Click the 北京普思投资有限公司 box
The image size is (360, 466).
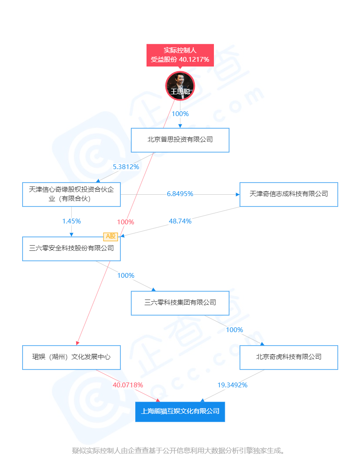coord(180,140)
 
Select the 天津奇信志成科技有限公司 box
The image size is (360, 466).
coord(289,194)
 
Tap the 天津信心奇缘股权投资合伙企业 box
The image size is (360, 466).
coord(71,194)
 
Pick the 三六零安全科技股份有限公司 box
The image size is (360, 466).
coord(71,249)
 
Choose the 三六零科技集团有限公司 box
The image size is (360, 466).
coord(180,303)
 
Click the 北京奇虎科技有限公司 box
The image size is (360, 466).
coord(289,357)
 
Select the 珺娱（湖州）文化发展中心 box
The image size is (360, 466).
coord(71,357)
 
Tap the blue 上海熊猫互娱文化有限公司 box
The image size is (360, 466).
coord(180,411)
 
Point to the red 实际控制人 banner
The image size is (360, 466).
coord(180,55)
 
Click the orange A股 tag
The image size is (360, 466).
coord(110,236)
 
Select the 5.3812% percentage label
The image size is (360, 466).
coord(126,167)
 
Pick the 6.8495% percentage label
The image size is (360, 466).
coord(180,194)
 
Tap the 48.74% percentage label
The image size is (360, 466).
coord(180,221)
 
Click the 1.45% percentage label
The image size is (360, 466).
coord(71,221)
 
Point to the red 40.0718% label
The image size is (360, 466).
coord(128,385)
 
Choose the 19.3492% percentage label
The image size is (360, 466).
coord(232,385)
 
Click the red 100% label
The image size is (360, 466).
coord(126,222)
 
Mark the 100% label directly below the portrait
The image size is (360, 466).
coord(180,114)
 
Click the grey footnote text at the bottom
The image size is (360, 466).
coord(180,451)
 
